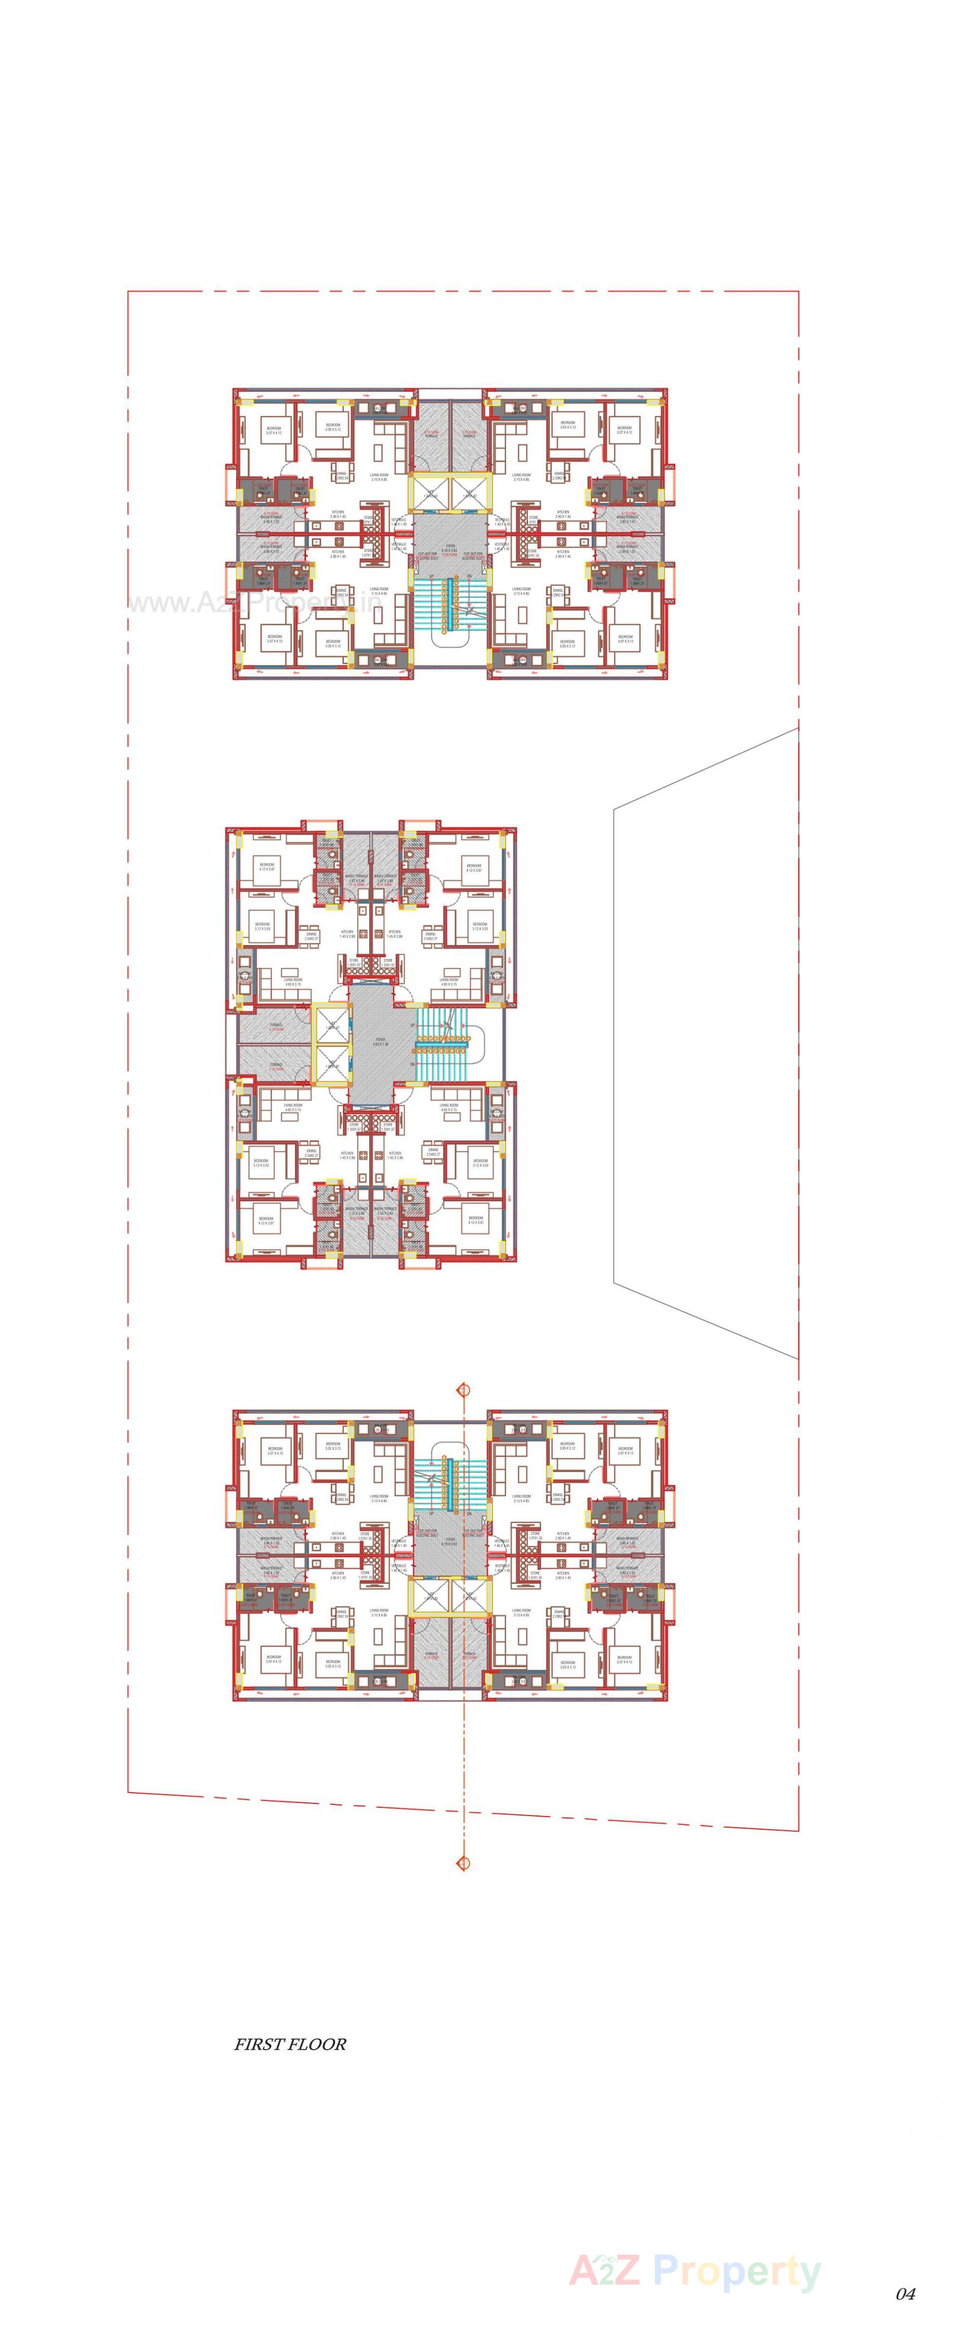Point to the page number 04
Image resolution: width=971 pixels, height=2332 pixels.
coord(904,2293)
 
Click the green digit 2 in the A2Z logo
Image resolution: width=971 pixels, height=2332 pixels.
coord(603,2270)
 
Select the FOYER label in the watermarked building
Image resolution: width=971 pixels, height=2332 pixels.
coord(450,546)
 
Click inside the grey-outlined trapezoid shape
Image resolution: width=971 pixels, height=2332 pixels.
coord(706,1041)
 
